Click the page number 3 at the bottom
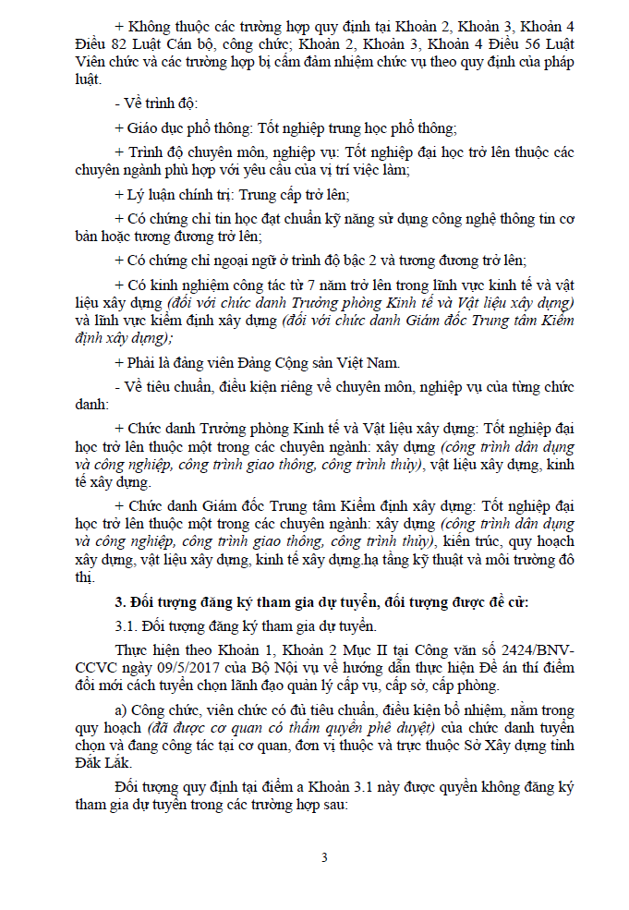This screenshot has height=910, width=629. click(x=324, y=857)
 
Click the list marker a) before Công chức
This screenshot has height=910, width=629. click(x=121, y=710)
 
